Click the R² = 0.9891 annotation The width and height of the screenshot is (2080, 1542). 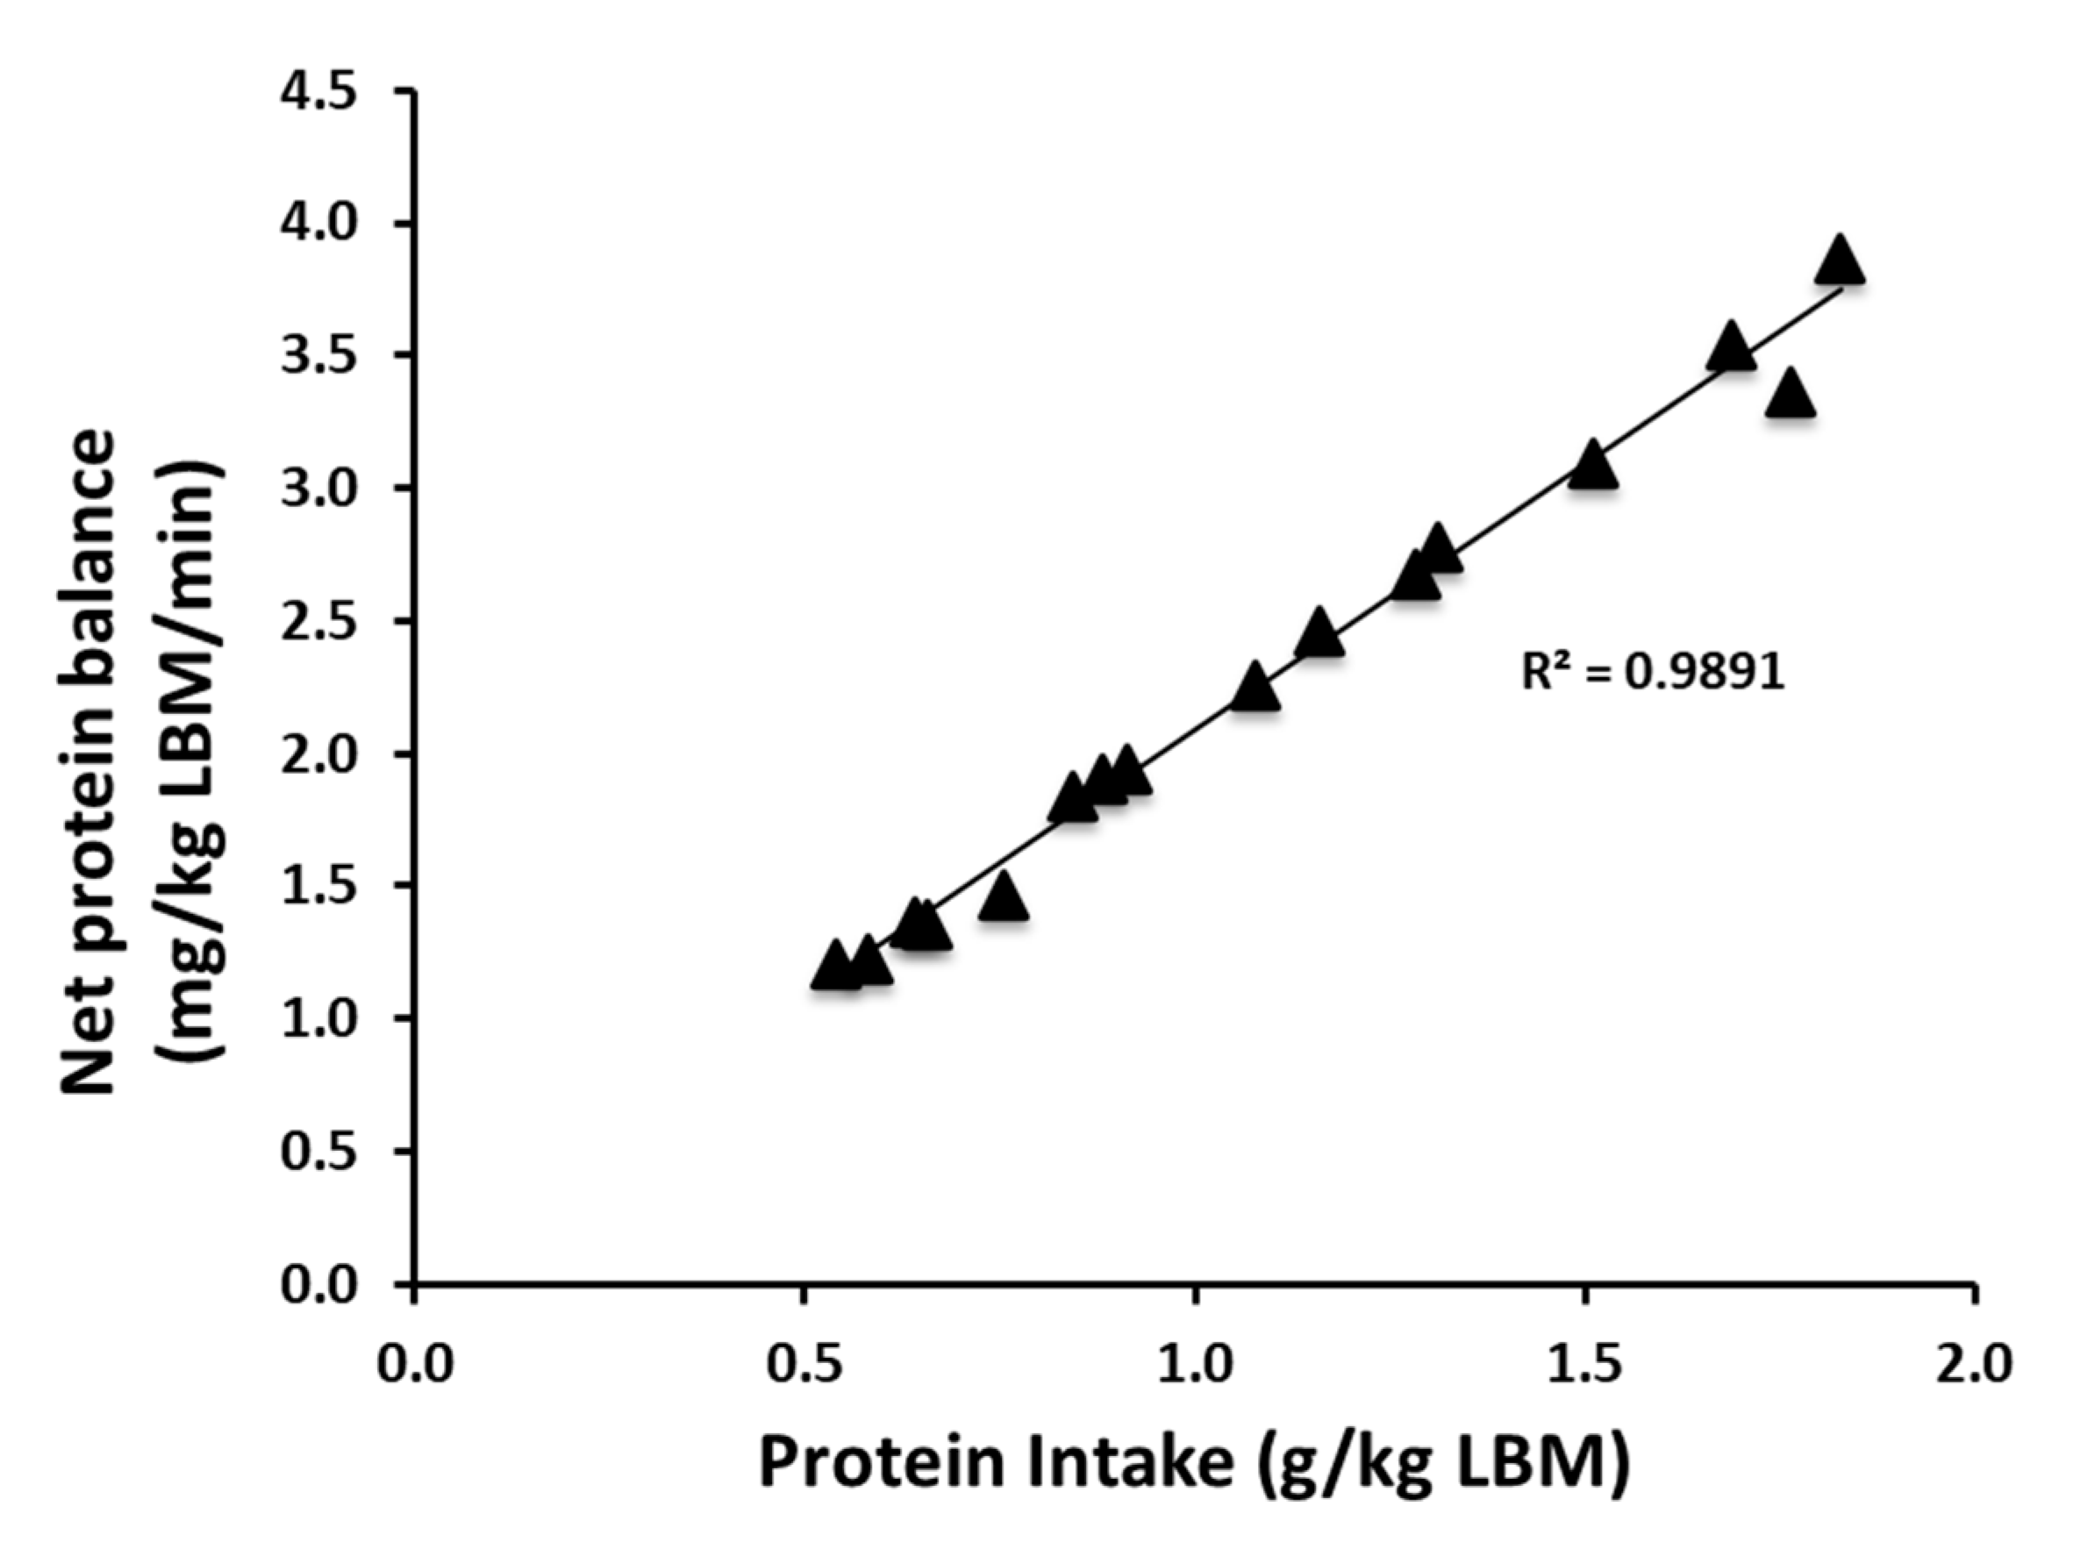pyautogui.click(x=1653, y=670)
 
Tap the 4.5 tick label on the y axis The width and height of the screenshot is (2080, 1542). pyautogui.click(x=319, y=92)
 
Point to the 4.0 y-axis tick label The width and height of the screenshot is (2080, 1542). pyautogui.click(x=319, y=225)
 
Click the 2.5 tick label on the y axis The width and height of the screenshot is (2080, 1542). pyautogui.click(x=319, y=622)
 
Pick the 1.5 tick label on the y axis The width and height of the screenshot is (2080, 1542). pyautogui.click(x=319, y=886)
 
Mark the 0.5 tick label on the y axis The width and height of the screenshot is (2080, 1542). pyautogui.click(x=319, y=1151)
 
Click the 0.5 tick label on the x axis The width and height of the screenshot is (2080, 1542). pyautogui.click(x=804, y=1364)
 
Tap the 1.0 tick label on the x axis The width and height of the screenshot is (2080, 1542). pyautogui.click(x=1194, y=1364)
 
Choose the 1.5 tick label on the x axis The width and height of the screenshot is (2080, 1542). pyautogui.click(x=1584, y=1364)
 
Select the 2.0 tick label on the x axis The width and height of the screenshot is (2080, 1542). pyautogui.click(x=1974, y=1364)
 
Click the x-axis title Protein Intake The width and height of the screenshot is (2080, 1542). pyautogui.click(x=1195, y=1461)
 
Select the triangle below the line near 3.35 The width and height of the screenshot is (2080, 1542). pyautogui.click(x=1790, y=395)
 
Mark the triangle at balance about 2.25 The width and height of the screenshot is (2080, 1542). pyautogui.click(x=1254, y=689)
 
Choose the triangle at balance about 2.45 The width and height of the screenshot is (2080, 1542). pyautogui.click(x=1319, y=635)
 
